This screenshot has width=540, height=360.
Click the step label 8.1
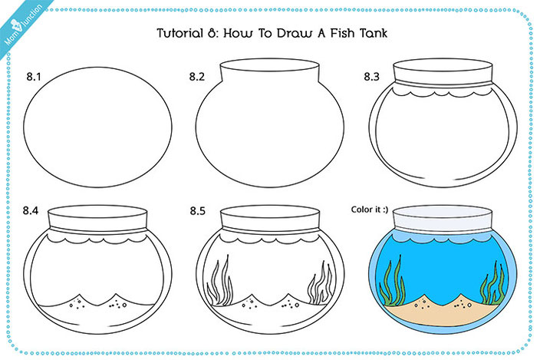point(33,76)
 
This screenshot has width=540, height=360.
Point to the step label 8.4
point(33,209)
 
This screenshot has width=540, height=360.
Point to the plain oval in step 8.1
point(98,122)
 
